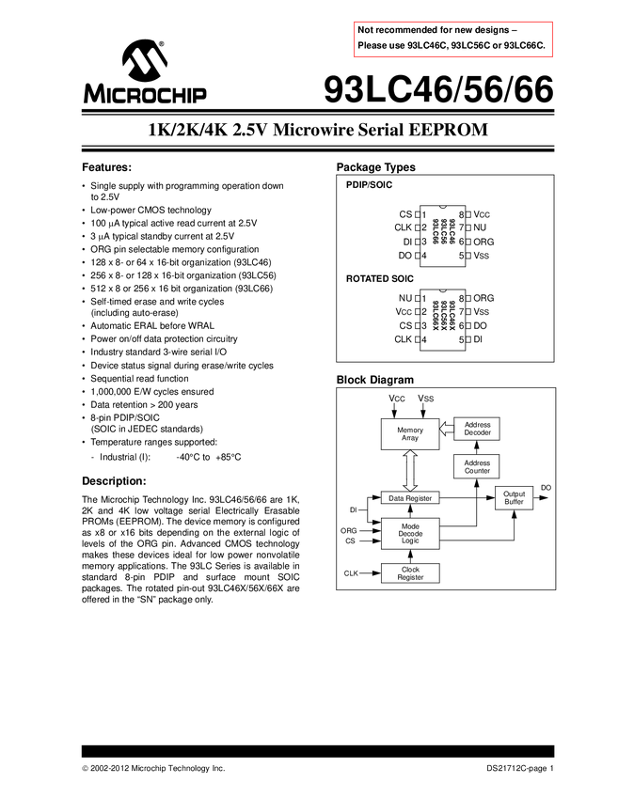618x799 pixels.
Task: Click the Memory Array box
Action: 410,433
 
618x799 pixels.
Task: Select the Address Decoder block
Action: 477,430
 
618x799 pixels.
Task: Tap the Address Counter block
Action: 477,467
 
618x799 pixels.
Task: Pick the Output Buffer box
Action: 514,498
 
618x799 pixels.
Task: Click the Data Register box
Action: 410,498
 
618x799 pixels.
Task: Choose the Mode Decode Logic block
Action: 410,534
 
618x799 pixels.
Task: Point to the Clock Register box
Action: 410,573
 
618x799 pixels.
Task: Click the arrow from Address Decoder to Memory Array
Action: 447,430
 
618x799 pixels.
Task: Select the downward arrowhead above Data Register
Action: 410,484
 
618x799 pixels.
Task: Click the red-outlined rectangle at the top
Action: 452,39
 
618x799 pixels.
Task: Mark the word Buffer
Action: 514,503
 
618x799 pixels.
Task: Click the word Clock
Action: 410,570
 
